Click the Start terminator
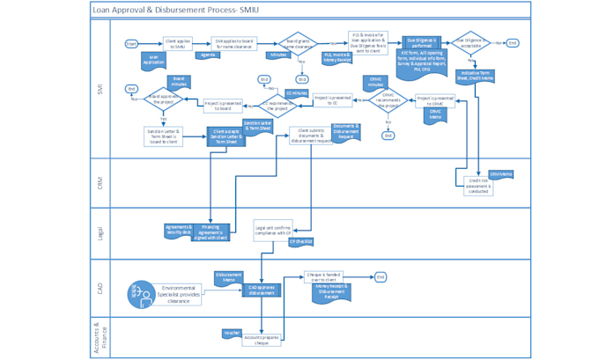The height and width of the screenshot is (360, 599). tap(131, 43)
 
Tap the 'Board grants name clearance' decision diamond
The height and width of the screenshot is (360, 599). tap(299, 43)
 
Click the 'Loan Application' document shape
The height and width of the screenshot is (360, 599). tap(155, 61)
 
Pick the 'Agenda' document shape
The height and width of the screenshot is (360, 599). tap(208, 55)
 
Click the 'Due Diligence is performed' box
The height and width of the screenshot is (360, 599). tap(422, 42)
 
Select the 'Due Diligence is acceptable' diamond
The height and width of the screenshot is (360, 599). tap(472, 42)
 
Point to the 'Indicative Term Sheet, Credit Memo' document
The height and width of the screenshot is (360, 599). tap(477, 76)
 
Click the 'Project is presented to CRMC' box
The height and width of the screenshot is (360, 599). tap(435, 101)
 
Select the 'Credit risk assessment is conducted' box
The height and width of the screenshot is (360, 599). tap(477, 186)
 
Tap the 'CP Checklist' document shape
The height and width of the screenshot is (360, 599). tap(301, 241)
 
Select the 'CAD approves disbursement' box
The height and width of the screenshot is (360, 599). tap(262, 290)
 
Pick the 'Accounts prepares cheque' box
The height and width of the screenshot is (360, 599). tap(262, 338)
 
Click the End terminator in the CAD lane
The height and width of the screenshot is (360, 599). tap(381, 277)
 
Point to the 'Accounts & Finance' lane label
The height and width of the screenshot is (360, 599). tap(99, 336)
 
